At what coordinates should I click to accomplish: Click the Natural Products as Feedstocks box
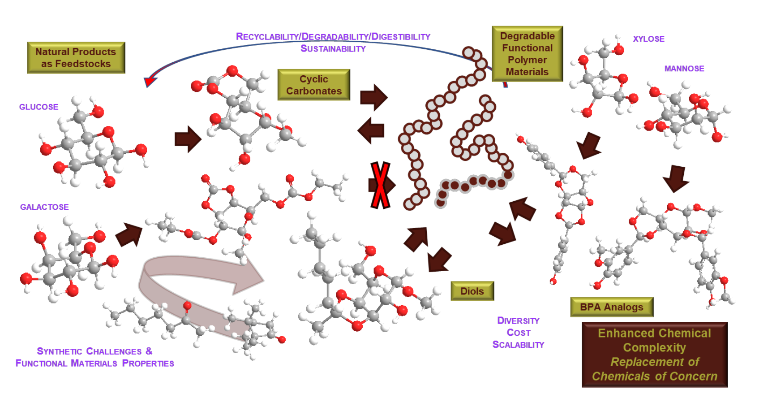coord(76,58)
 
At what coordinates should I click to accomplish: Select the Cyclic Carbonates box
coord(314,85)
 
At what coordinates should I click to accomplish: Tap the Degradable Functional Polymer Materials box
coord(528,54)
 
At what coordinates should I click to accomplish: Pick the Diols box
coord(472,291)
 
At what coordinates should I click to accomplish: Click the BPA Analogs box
coord(612,307)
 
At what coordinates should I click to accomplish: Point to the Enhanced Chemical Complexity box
coord(655,355)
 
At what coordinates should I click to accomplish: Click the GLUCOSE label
coord(39,107)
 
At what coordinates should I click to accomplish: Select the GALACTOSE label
coord(44,207)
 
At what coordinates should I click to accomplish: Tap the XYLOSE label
coord(649,39)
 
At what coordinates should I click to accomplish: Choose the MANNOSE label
coord(684,69)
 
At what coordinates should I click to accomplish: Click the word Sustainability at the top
coord(333,48)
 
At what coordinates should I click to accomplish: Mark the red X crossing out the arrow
coord(381,185)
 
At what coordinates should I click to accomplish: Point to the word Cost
coord(519,333)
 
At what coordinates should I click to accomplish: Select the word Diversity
coord(519,320)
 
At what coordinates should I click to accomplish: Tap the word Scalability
coord(519,345)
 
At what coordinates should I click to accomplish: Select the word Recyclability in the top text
coord(267,36)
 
